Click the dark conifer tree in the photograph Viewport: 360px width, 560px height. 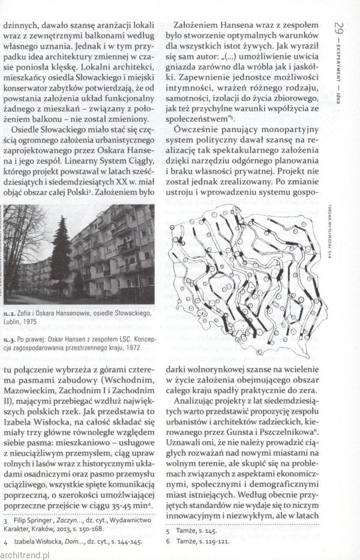[61, 252]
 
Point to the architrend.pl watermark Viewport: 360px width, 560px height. [26, 555]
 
